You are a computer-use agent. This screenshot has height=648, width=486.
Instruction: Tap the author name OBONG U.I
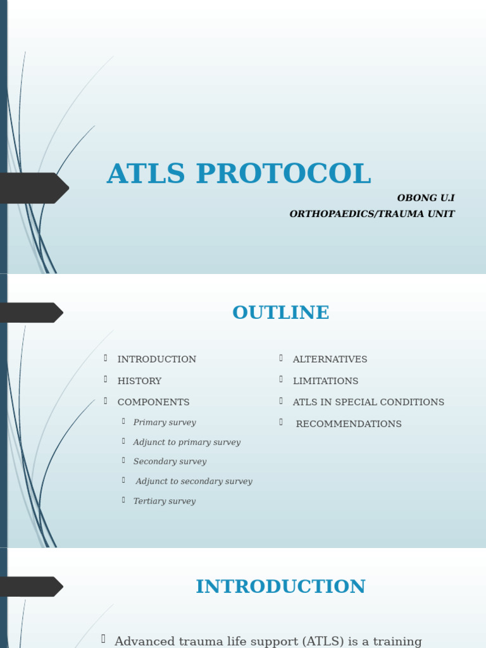click(425, 198)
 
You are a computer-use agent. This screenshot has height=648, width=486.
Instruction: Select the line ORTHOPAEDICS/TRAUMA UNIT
click(371, 214)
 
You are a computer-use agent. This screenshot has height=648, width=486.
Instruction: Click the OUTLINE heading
click(280, 313)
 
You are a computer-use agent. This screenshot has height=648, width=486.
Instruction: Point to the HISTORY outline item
click(139, 381)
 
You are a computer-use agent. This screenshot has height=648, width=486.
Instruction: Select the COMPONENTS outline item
click(153, 402)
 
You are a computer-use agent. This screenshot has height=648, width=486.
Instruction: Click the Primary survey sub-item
click(165, 422)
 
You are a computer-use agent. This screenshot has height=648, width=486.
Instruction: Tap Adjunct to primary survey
click(187, 442)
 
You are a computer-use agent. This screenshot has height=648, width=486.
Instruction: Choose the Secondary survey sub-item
click(170, 461)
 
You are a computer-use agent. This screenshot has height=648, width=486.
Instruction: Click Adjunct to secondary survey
click(194, 481)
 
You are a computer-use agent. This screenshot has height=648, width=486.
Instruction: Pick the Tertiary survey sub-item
click(165, 501)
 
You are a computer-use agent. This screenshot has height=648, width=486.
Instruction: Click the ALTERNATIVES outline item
click(330, 359)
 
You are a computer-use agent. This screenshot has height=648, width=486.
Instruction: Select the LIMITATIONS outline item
click(325, 381)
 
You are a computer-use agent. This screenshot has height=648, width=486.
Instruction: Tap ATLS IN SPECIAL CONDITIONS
click(368, 402)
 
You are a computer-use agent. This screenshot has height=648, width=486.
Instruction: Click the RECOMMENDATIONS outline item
click(349, 424)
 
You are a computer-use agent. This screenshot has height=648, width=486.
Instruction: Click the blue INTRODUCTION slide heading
click(280, 587)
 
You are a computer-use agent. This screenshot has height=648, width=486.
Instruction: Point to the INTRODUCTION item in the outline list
click(157, 359)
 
